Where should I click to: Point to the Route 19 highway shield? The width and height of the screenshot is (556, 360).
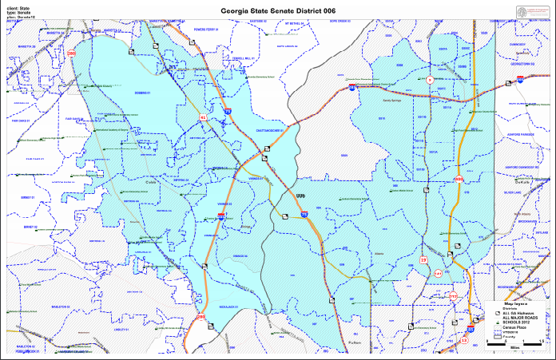(423, 260)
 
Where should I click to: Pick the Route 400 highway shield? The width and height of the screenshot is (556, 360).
(459, 179)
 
